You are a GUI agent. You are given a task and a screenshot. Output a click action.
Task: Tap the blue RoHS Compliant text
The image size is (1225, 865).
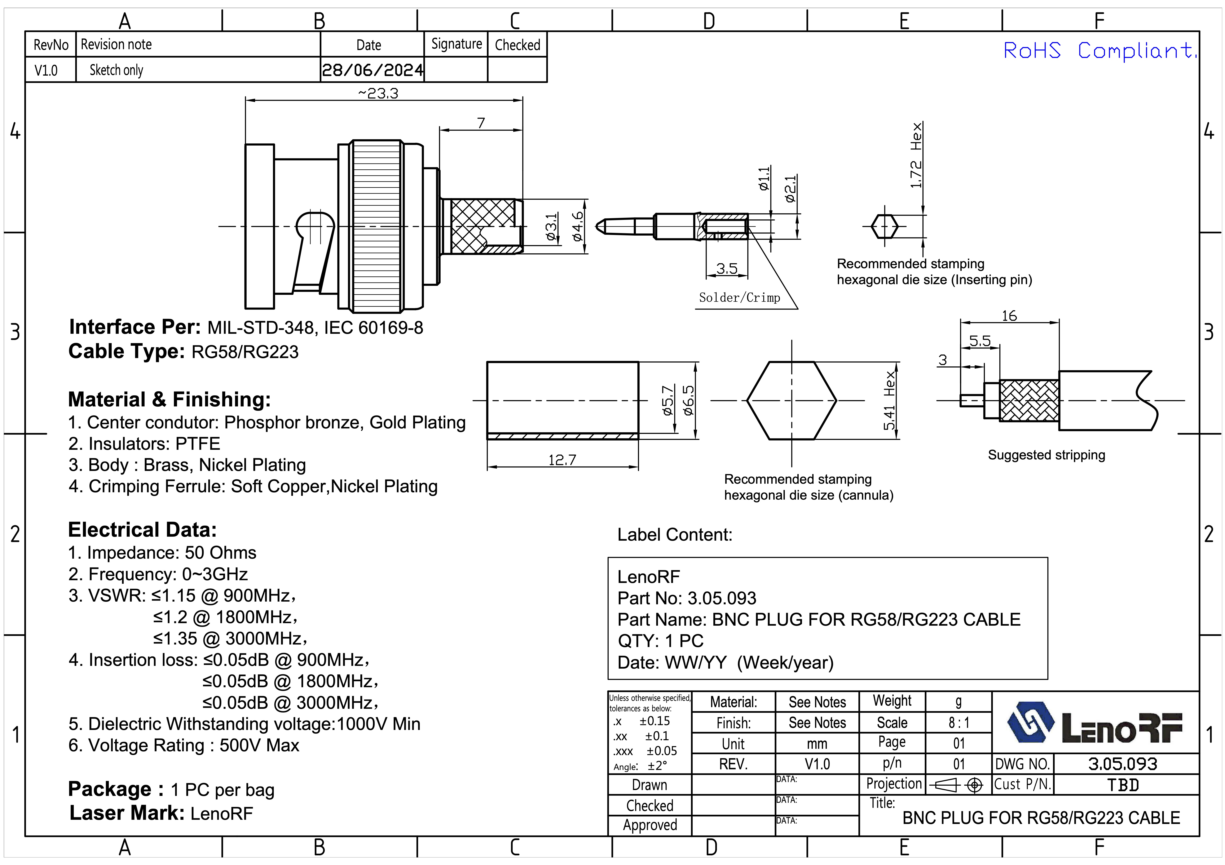(x=1099, y=51)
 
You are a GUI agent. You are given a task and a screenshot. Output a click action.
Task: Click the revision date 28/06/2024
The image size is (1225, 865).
(x=373, y=70)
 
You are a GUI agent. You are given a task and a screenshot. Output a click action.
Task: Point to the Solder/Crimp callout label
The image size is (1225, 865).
(x=740, y=298)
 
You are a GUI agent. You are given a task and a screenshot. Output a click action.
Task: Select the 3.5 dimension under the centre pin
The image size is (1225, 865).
(x=727, y=268)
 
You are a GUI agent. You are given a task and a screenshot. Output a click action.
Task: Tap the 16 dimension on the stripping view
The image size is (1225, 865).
(x=1009, y=316)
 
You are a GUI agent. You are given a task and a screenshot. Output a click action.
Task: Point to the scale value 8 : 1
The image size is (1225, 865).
(x=959, y=723)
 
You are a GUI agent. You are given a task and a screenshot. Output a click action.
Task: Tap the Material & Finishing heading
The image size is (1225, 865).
(x=169, y=400)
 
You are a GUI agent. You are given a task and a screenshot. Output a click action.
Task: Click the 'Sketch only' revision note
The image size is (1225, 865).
(x=116, y=70)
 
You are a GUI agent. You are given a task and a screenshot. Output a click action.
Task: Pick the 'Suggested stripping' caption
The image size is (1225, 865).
(x=1046, y=455)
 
